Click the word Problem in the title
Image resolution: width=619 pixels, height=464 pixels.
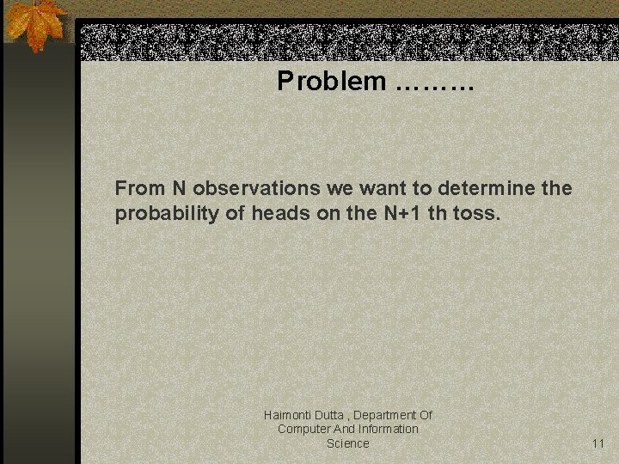click(x=332, y=82)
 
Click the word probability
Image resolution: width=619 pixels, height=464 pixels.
click(x=167, y=214)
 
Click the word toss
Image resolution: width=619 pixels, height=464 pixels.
click(x=475, y=214)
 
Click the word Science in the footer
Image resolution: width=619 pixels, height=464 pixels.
click(x=347, y=443)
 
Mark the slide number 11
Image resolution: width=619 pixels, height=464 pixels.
click(x=598, y=443)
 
